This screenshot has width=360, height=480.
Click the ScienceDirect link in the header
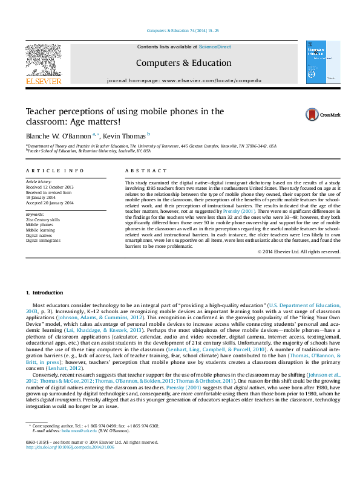click(215, 47)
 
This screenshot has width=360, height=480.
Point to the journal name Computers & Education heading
click(183, 63)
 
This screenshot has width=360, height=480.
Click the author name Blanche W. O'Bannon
click(59, 135)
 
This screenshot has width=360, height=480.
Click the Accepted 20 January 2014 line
click(50, 203)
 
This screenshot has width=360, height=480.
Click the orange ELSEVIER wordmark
click(43, 81)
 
